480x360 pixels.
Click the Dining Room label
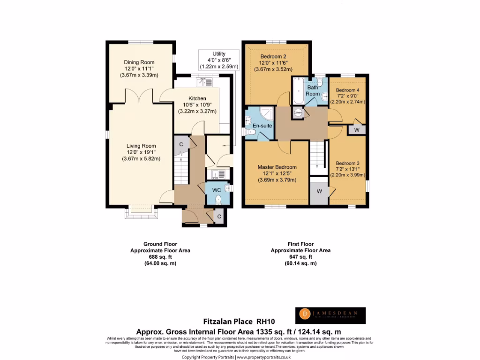[x=139, y=62]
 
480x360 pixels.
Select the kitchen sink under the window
[x=205, y=82]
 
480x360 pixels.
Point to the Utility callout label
[x=218, y=54]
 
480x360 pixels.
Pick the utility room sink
[x=218, y=174]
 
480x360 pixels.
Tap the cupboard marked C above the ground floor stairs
[x=181, y=144]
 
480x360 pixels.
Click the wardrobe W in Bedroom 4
[x=356, y=130]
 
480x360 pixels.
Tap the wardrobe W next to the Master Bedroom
[x=319, y=191]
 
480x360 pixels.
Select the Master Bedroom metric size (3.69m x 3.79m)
[x=277, y=180]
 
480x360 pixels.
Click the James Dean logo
[x=330, y=315]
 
